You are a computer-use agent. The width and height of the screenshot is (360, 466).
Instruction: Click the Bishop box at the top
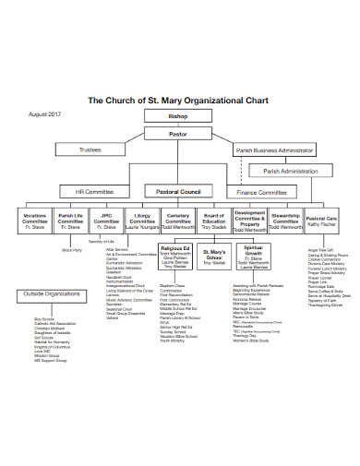(x=177, y=117)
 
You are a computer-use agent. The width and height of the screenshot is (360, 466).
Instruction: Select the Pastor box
(x=177, y=135)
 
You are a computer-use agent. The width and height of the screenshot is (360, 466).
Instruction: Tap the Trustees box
(x=90, y=149)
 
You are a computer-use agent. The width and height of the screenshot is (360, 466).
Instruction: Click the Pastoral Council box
(x=178, y=192)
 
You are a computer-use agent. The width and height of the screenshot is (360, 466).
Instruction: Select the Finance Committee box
(x=263, y=192)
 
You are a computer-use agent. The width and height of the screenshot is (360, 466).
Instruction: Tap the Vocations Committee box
(x=35, y=221)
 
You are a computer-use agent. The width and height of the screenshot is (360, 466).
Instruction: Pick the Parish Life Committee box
(x=71, y=221)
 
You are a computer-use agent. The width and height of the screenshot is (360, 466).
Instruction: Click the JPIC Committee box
(x=106, y=221)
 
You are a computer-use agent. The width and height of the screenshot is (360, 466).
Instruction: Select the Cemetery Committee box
(x=178, y=221)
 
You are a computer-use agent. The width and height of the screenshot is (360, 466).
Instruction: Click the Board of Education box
(x=214, y=221)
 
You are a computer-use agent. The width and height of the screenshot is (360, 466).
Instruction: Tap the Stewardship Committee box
(x=285, y=221)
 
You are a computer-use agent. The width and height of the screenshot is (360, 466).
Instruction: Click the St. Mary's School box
(x=214, y=256)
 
